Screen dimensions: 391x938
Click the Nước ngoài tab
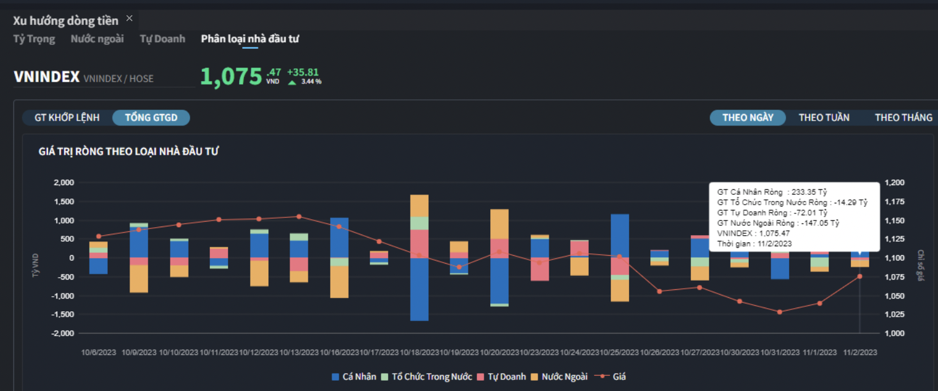pos(97,39)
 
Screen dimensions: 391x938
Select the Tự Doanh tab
pos(162,39)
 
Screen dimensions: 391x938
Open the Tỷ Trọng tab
pos(34,39)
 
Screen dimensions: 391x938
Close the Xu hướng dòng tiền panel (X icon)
pos(129,18)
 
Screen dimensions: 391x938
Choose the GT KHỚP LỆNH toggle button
pos(67,118)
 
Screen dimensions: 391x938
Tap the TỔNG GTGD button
pos(151,118)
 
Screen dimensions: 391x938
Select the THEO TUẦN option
pos(824,118)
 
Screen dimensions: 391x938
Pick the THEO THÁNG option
pos(903,118)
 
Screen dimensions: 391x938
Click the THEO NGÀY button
pos(748,118)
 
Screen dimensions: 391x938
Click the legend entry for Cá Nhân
pos(353,376)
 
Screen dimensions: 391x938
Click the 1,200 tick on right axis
pos(894,183)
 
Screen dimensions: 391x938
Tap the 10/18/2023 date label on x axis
pos(419,353)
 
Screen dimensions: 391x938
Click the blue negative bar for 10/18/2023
pos(419,289)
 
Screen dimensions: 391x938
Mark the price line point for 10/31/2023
pos(780,312)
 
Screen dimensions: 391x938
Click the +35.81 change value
pos(303,72)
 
